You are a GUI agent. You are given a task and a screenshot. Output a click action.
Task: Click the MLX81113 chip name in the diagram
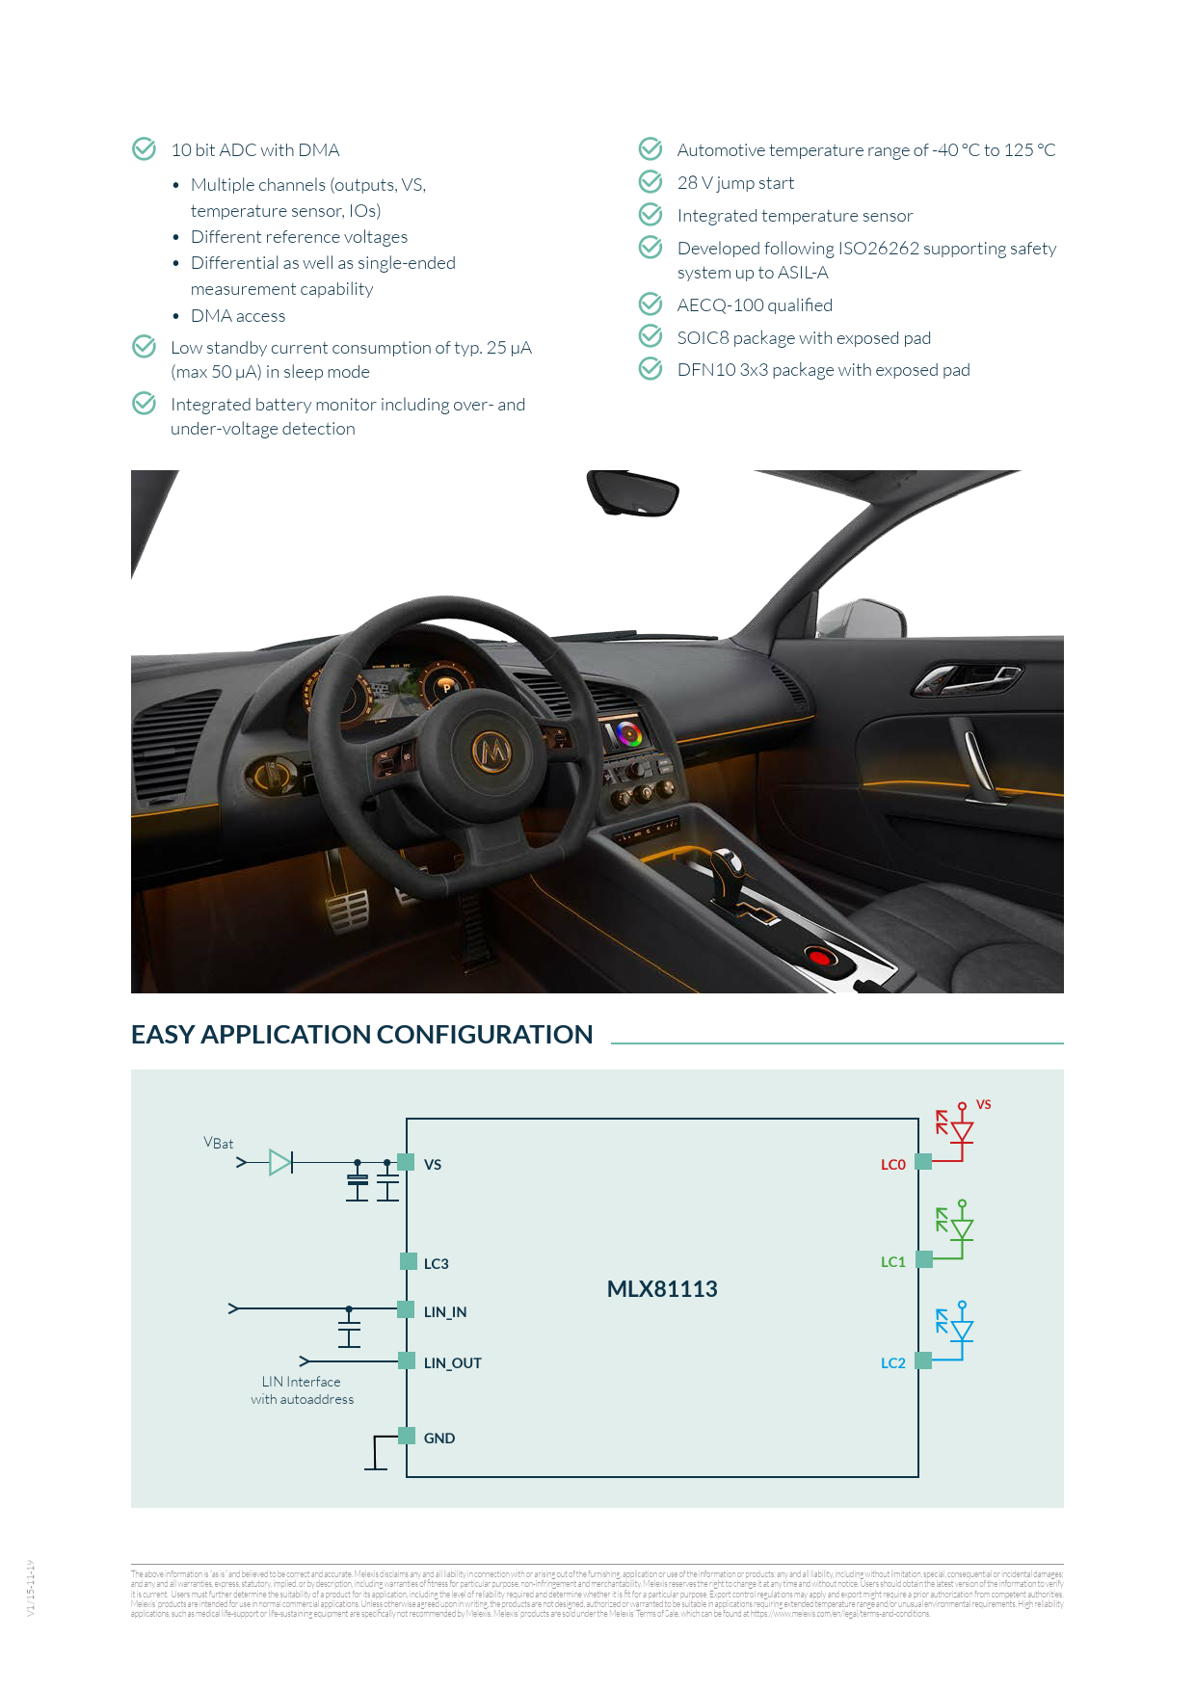pyautogui.click(x=662, y=1289)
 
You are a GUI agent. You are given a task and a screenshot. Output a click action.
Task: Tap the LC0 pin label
pyautogui.click(x=892, y=1165)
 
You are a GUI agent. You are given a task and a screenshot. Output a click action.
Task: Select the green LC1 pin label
pyautogui.click(x=892, y=1262)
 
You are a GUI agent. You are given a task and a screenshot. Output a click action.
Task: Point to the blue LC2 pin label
pyautogui.click(x=892, y=1363)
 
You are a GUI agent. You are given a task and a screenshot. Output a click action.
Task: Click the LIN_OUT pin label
pyautogui.click(x=452, y=1363)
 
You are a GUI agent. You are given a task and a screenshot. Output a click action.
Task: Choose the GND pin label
pyautogui.click(x=439, y=1439)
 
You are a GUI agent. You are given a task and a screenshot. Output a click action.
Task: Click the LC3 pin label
pyautogui.click(x=436, y=1264)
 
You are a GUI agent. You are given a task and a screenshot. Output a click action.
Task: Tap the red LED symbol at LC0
pyautogui.click(x=961, y=1131)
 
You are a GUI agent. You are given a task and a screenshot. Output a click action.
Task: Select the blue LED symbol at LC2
pyautogui.click(x=961, y=1331)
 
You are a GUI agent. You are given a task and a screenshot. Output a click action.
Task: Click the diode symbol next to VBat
pyautogui.click(x=280, y=1163)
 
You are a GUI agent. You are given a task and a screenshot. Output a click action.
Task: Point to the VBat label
pyautogui.click(x=219, y=1143)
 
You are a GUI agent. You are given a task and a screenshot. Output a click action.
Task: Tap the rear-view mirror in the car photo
pyautogui.click(x=633, y=493)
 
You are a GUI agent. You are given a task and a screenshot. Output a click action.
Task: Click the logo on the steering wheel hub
pyautogui.click(x=492, y=750)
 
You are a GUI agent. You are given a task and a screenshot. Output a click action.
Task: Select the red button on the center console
pyautogui.click(x=818, y=957)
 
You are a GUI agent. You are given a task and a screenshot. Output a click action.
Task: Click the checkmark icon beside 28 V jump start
pyautogui.click(x=651, y=182)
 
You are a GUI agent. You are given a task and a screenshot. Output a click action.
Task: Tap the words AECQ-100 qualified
pyautogui.click(x=755, y=305)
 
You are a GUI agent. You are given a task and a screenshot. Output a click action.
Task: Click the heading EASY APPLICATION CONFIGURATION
pyautogui.click(x=361, y=1035)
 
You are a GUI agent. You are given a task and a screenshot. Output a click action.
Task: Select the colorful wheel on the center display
pyautogui.click(x=628, y=734)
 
